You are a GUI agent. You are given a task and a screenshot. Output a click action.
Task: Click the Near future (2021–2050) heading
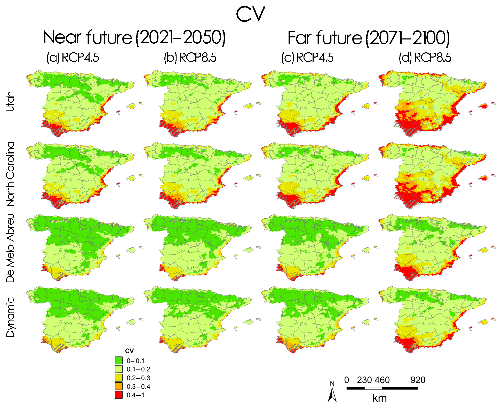pos(134,38)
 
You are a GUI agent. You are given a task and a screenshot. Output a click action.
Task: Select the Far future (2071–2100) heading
pos(369,38)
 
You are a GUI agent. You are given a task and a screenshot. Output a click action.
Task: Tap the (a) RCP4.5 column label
pos(73,58)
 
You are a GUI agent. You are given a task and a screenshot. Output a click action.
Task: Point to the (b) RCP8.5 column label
pos(190,58)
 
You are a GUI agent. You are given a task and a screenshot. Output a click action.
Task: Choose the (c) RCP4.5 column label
pos(307,58)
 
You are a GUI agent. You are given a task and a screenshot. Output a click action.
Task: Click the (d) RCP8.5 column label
pos(425,58)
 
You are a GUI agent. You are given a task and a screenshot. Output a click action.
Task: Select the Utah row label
pos(10,101)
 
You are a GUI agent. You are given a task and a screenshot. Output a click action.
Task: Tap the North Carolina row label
pos(10,174)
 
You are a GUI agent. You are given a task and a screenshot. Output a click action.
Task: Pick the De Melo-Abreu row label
pos(10,248)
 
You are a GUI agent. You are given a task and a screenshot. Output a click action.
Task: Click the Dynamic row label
pos(10,317)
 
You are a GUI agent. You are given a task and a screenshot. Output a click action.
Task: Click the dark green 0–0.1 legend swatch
pos(119,360)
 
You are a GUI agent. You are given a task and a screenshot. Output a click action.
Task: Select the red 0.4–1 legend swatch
pos(119,395)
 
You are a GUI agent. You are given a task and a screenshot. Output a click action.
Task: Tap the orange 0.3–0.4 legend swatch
pos(119,386)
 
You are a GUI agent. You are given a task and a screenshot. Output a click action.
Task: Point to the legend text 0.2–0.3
pos(138,378)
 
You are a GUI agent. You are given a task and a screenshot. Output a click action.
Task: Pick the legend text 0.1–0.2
pos(138,369)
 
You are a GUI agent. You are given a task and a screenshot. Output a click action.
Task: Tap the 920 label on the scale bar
pos(418,380)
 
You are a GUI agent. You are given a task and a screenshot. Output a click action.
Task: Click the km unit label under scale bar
pos(379,398)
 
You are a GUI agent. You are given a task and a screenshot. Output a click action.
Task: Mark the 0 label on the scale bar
pos(347,380)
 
